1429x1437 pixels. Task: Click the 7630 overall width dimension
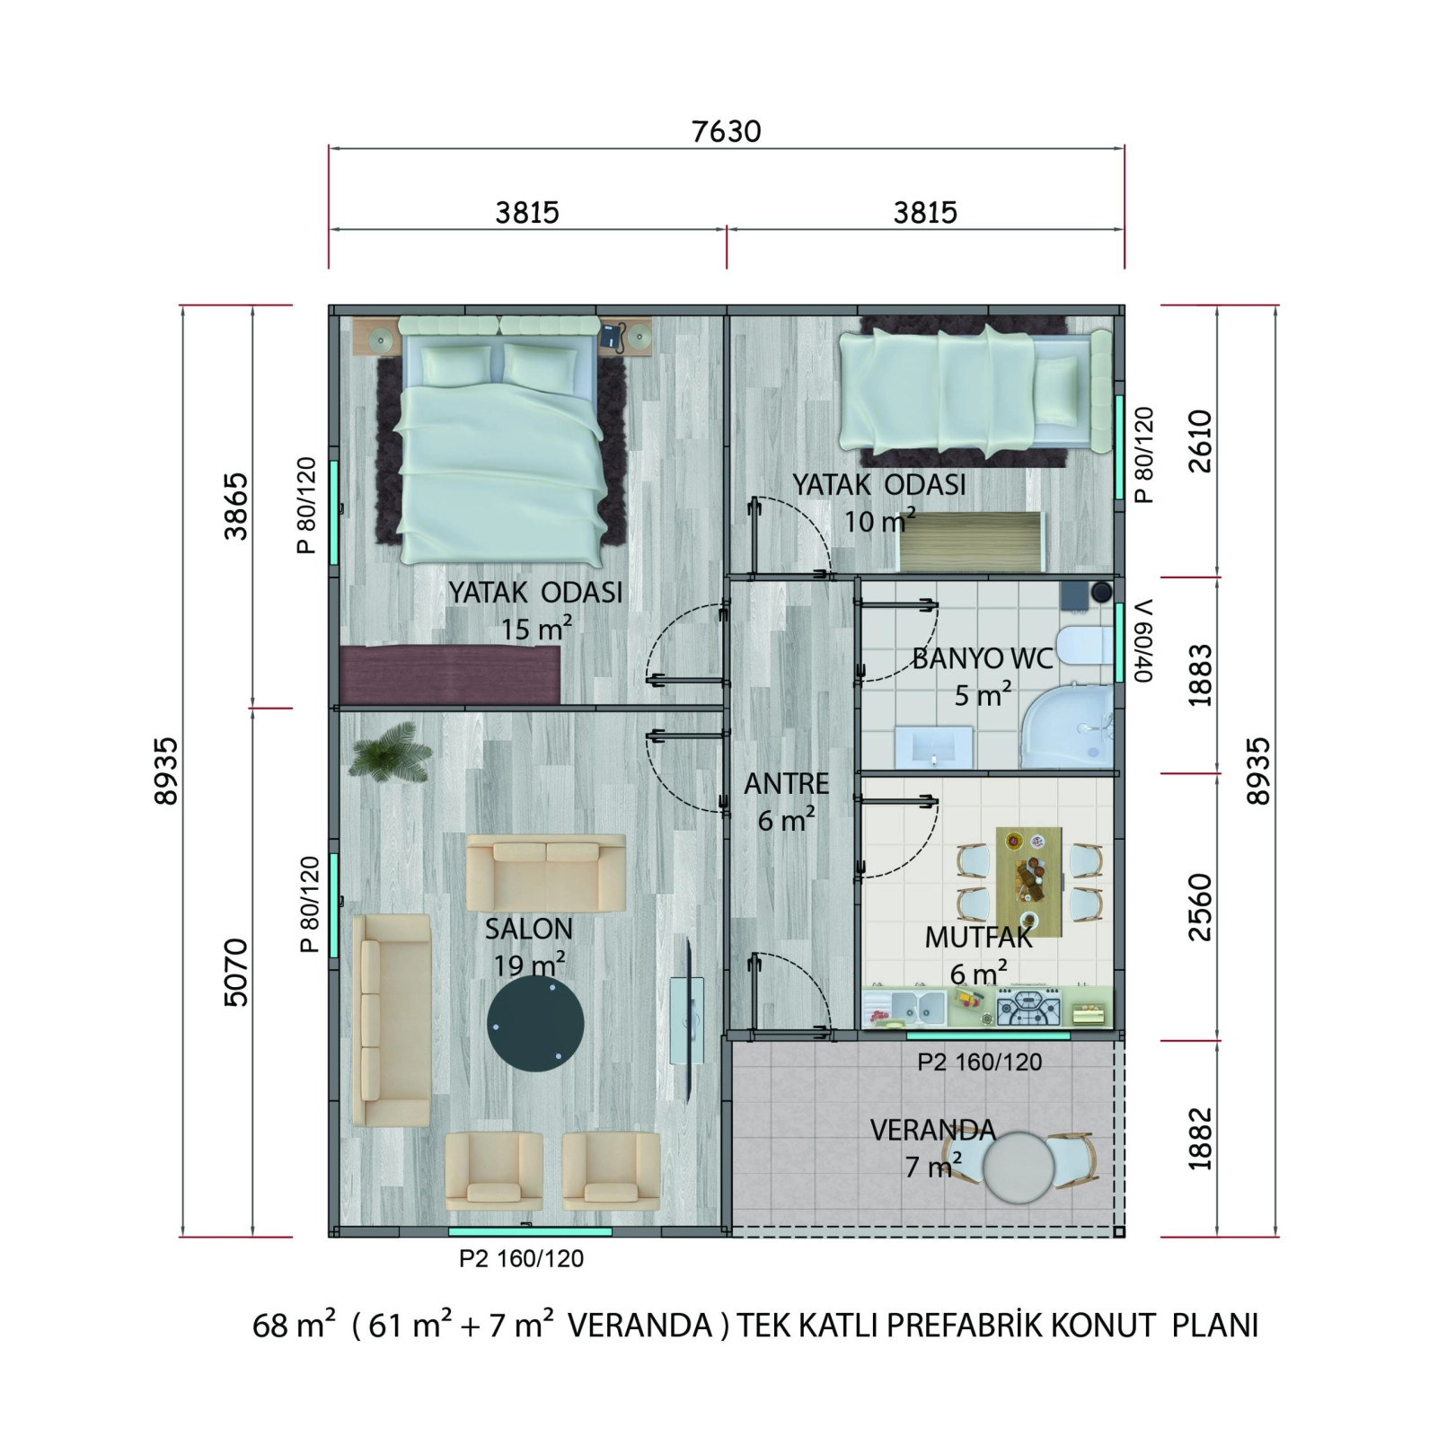click(726, 132)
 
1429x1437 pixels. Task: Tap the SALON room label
click(528, 929)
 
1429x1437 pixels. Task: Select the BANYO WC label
click(982, 658)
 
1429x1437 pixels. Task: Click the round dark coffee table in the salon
click(535, 1024)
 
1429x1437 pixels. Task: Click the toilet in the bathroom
click(1085, 645)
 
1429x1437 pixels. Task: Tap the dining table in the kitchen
click(1028, 881)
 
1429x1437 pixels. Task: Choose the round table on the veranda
click(1018, 1166)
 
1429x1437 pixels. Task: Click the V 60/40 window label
click(1142, 640)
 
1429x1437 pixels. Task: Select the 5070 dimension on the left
click(235, 972)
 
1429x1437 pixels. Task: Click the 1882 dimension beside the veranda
click(1200, 1139)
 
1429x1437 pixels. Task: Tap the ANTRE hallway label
click(786, 784)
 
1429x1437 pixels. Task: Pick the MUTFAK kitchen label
click(978, 938)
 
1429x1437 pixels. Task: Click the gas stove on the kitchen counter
click(1029, 1008)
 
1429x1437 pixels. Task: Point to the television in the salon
click(687, 1020)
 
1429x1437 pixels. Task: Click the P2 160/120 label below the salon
click(521, 1259)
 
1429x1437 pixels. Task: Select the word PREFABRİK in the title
click(966, 1326)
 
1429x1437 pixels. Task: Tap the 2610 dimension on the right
click(1200, 441)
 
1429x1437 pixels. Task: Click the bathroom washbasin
click(934, 747)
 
